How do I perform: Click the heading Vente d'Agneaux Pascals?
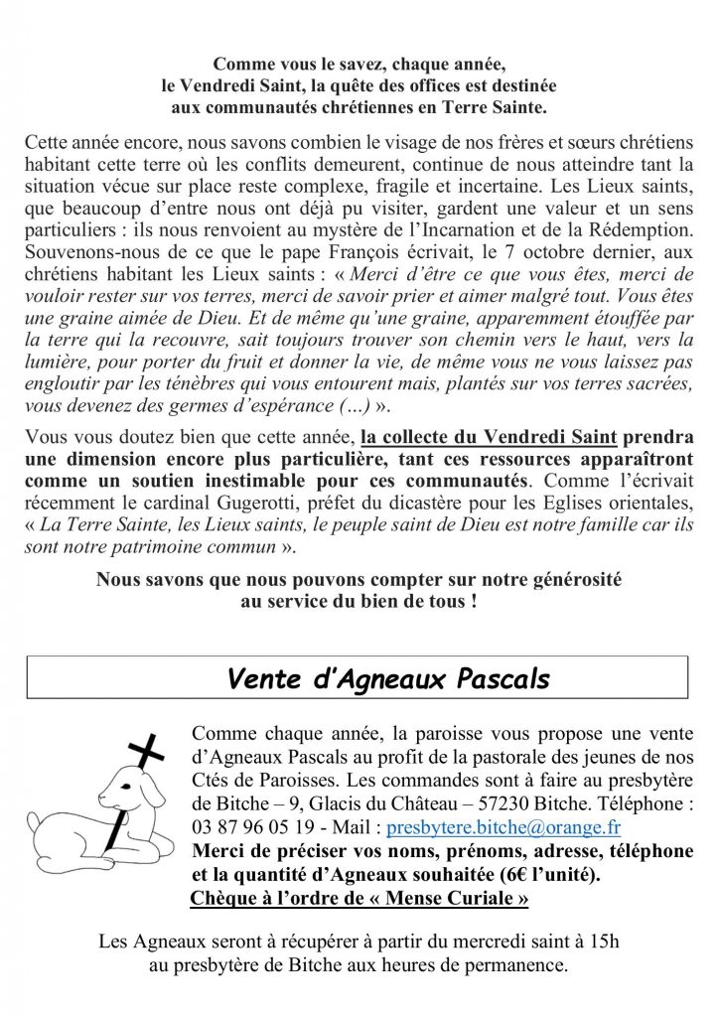[x=387, y=679]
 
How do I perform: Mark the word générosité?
[x=563, y=579]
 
